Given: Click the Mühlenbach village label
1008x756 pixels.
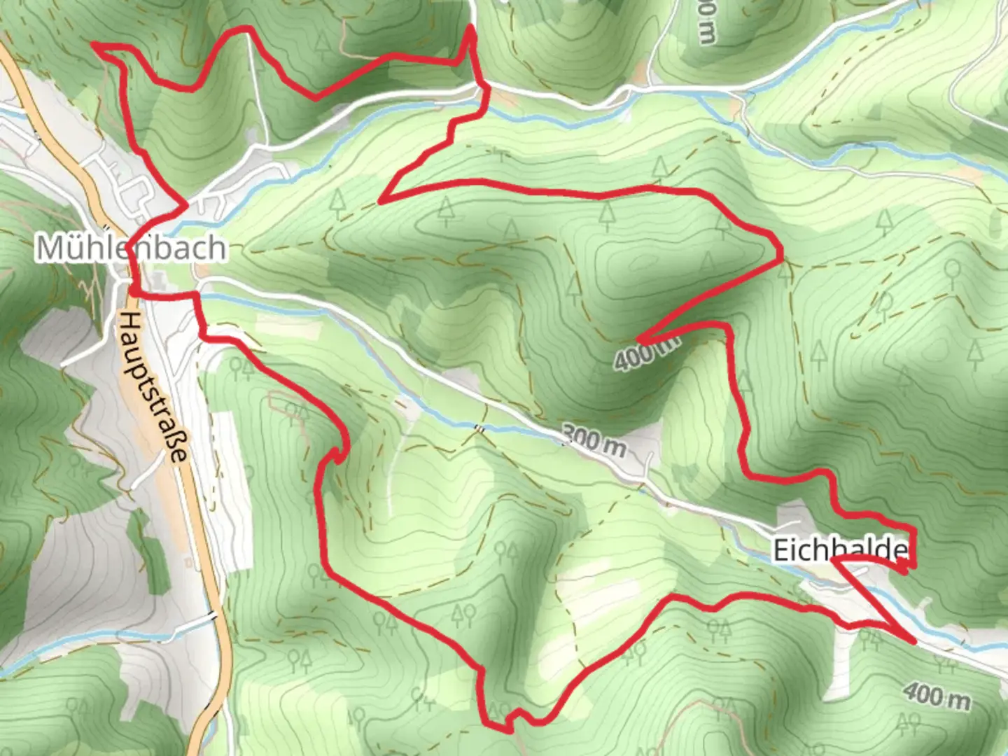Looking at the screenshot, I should (132, 248).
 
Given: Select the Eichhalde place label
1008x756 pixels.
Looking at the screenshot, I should (839, 550).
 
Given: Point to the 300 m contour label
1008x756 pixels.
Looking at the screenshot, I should (594, 441).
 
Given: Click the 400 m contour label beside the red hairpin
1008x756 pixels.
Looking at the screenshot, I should (647, 351).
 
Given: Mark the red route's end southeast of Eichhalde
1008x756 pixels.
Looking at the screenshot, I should (913, 640).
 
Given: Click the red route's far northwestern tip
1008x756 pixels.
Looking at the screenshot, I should (94, 45).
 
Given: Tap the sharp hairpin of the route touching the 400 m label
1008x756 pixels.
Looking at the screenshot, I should (638, 340).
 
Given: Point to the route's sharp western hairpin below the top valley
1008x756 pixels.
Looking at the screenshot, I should (381, 202).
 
